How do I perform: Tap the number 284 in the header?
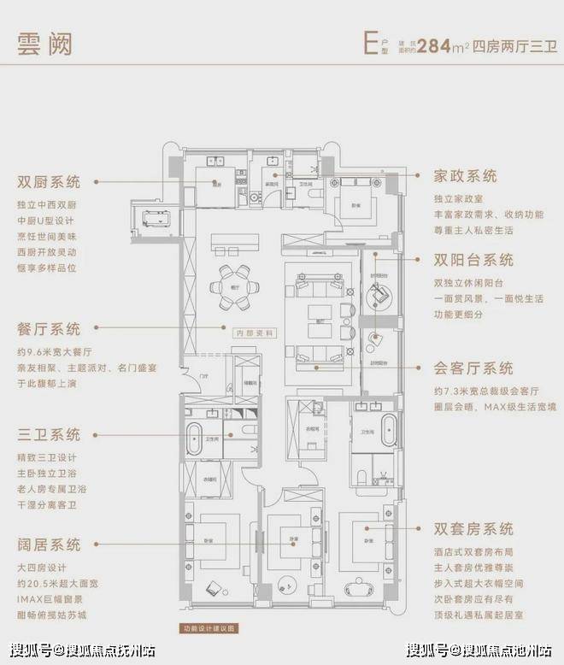(436, 44)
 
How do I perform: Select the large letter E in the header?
(369, 43)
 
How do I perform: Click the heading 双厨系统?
(49, 182)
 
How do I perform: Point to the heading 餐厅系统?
(49, 329)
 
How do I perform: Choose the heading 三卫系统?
(49, 434)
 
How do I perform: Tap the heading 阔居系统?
(49, 544)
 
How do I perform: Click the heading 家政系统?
(466, 176)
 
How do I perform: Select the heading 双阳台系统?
(473, 260)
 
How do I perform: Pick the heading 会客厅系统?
(473, 368)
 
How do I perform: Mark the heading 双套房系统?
(473, 528)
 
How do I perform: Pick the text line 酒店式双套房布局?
(478, 552)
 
